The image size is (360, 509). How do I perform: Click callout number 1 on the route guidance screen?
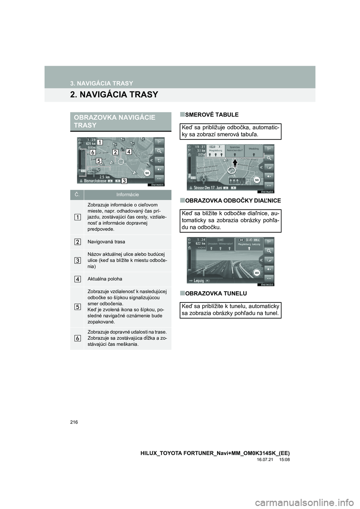pyautogui.click(x=100, y=142)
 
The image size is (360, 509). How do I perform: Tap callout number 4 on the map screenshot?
pyautogui.click(x=129, y=152)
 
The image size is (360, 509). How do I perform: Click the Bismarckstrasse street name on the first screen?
pyautogui.click(x=92, y=181)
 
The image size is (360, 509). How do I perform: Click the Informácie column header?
pyautogui.click(x=127, y=195)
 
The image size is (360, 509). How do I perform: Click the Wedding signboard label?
pyautogui.click(x=254, y=149)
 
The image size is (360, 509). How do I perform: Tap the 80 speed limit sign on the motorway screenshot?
pyautogui.click(x=257, y=273)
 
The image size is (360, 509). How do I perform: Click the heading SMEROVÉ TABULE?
pyautogui.click(x=209, y=114)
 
